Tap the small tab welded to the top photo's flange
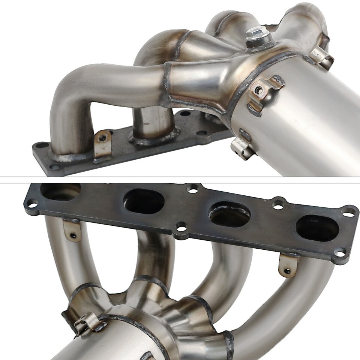click(102, 142)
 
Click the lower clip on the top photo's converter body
click(241, 145)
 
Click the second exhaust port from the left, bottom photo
click(144, 201)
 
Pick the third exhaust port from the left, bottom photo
click(229, 214)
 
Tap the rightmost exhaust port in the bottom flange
click(317, 228)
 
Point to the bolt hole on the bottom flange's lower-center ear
click(181, 228)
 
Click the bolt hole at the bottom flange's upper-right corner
click(349, 214)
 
